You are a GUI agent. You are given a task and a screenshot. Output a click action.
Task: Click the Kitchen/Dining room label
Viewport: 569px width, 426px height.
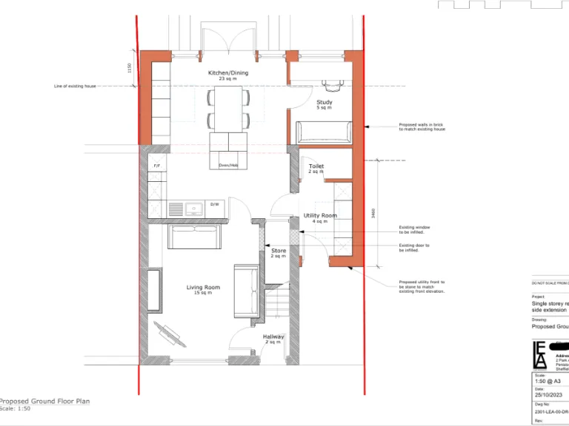[x=227, y=73]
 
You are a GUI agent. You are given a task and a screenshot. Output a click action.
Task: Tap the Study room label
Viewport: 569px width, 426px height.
[x=324, y=103]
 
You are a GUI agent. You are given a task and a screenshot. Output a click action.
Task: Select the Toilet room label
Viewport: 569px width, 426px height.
[x=316, y=166]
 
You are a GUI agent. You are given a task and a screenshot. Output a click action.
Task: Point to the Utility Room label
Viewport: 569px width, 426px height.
[x=320, y=216]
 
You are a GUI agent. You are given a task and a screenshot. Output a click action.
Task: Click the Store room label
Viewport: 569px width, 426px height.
[x=279, y=251]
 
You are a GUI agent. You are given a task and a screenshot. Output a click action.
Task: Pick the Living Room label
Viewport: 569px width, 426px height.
[x=202, y=288]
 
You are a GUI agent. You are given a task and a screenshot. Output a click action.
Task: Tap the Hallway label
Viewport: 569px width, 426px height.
[x=273, y=337]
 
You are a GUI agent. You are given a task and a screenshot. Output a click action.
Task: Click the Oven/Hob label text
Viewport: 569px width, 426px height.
[x=228, y=165]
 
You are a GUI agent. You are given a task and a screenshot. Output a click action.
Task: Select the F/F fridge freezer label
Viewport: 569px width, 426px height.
[x=157, y=166]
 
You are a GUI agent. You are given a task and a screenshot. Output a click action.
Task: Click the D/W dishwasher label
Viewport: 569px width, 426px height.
[x=215, y=204]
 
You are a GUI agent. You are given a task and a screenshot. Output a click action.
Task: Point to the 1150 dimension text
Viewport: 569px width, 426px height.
[x=129, y=68]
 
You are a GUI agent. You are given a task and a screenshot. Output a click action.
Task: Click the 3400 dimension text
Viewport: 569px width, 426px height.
[x=373, y=212]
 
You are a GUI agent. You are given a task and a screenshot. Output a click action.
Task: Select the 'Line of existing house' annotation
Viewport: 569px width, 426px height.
[x=76, y=87]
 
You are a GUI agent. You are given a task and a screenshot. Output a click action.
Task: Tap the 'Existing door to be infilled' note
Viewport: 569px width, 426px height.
[x=414, y=248]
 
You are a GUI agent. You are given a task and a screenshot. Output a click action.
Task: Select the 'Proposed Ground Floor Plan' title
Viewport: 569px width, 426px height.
[x=44, y=401]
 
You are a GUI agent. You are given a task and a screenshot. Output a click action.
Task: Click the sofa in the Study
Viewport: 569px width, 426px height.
[x=324, y=132]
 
